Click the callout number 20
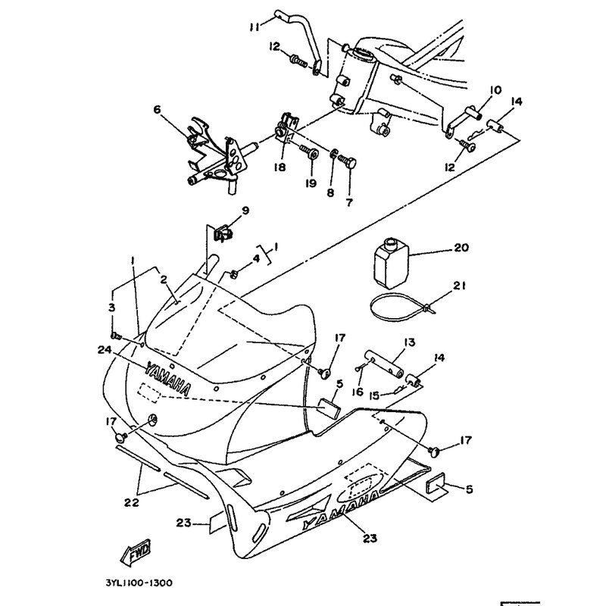[x=462, y=248]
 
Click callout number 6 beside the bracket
[x=158, y=110]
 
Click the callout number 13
[x=409, y=342]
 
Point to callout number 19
[x=309, y=183]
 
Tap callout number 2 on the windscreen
[x=164, y=280]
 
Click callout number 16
[x=358, y=391]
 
